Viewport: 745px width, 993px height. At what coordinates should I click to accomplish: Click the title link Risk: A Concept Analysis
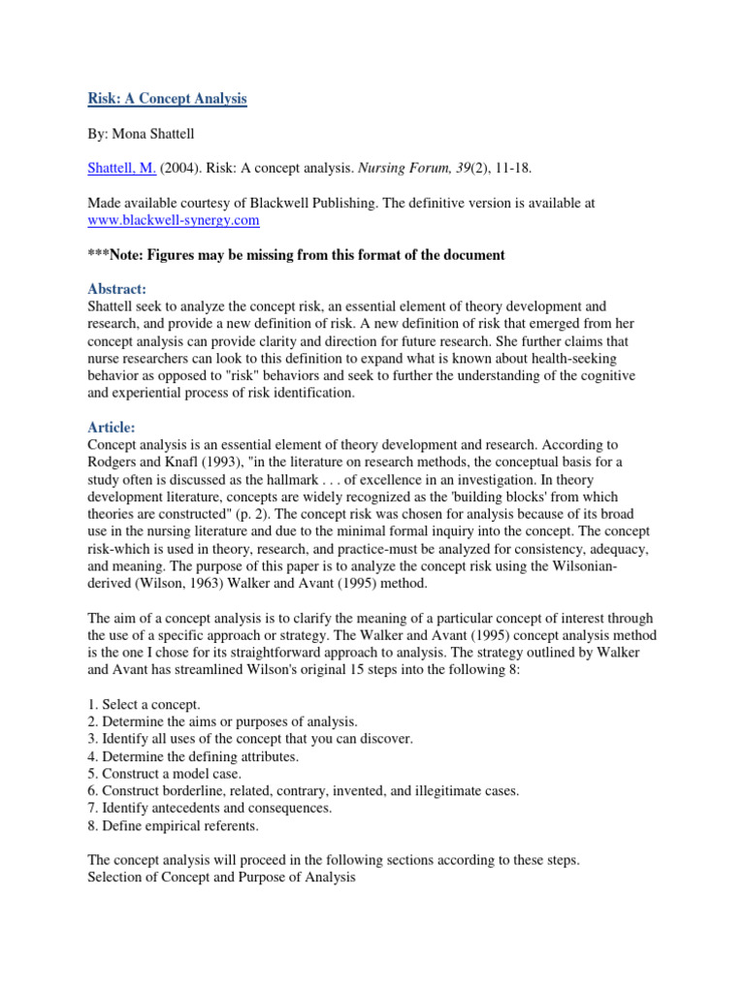coord(168,99)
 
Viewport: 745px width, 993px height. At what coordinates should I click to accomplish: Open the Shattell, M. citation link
coord(122,169)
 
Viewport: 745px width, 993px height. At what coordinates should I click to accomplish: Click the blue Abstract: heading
coord(117,289)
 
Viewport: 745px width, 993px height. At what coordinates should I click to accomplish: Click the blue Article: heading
coord(113,428)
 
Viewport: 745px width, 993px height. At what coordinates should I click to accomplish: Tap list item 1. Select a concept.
coord(145,704)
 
